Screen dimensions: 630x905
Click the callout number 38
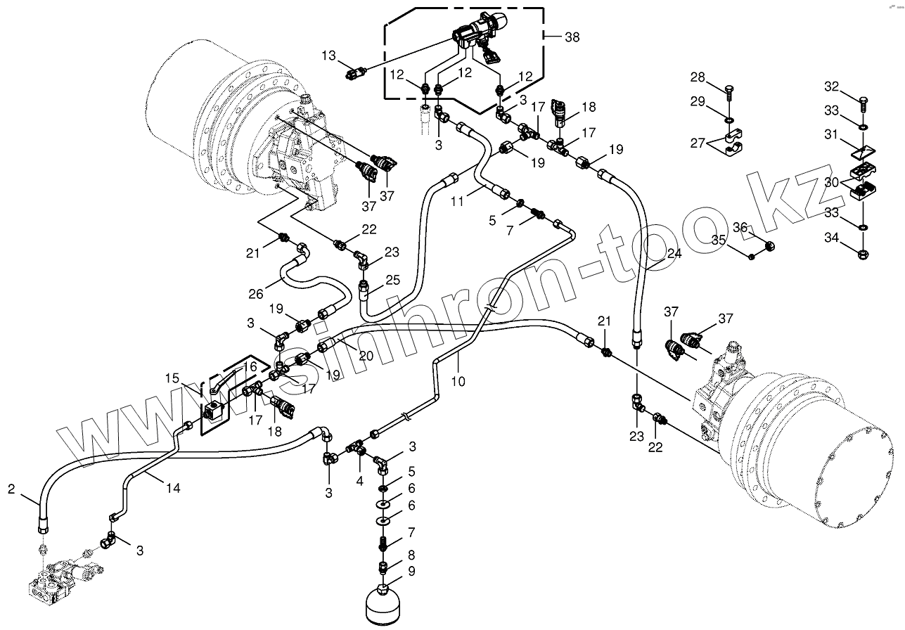tap(572, 38)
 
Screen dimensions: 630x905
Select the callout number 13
tap(330, 55)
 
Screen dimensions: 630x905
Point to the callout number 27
tap(696, 143)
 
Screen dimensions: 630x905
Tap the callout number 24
tap(674, 254)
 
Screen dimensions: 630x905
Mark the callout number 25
tap(392, 280)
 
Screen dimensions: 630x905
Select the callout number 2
tap(11, 489)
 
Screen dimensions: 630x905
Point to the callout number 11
tap(456, 201)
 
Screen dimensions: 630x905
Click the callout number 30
tap(831, 182)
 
